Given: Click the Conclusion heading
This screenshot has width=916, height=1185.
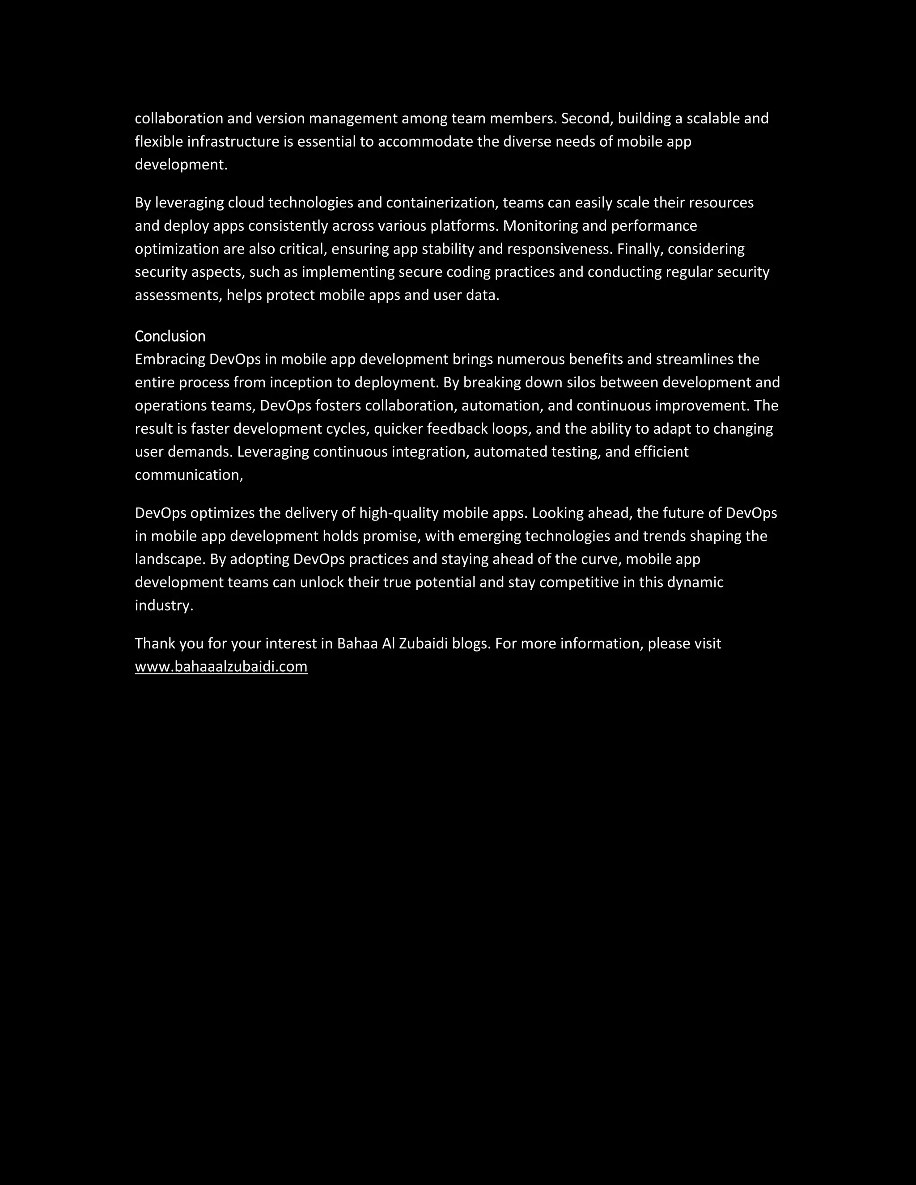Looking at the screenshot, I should [x=170, y=336].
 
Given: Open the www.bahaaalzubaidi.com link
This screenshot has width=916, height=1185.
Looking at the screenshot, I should [x=221, y=666].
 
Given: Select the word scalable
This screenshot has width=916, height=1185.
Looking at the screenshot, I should [x=712, y=118].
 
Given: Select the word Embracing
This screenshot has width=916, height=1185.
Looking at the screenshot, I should [x=170, y=359].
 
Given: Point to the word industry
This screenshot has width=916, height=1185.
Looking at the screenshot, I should [x=163, y=605].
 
